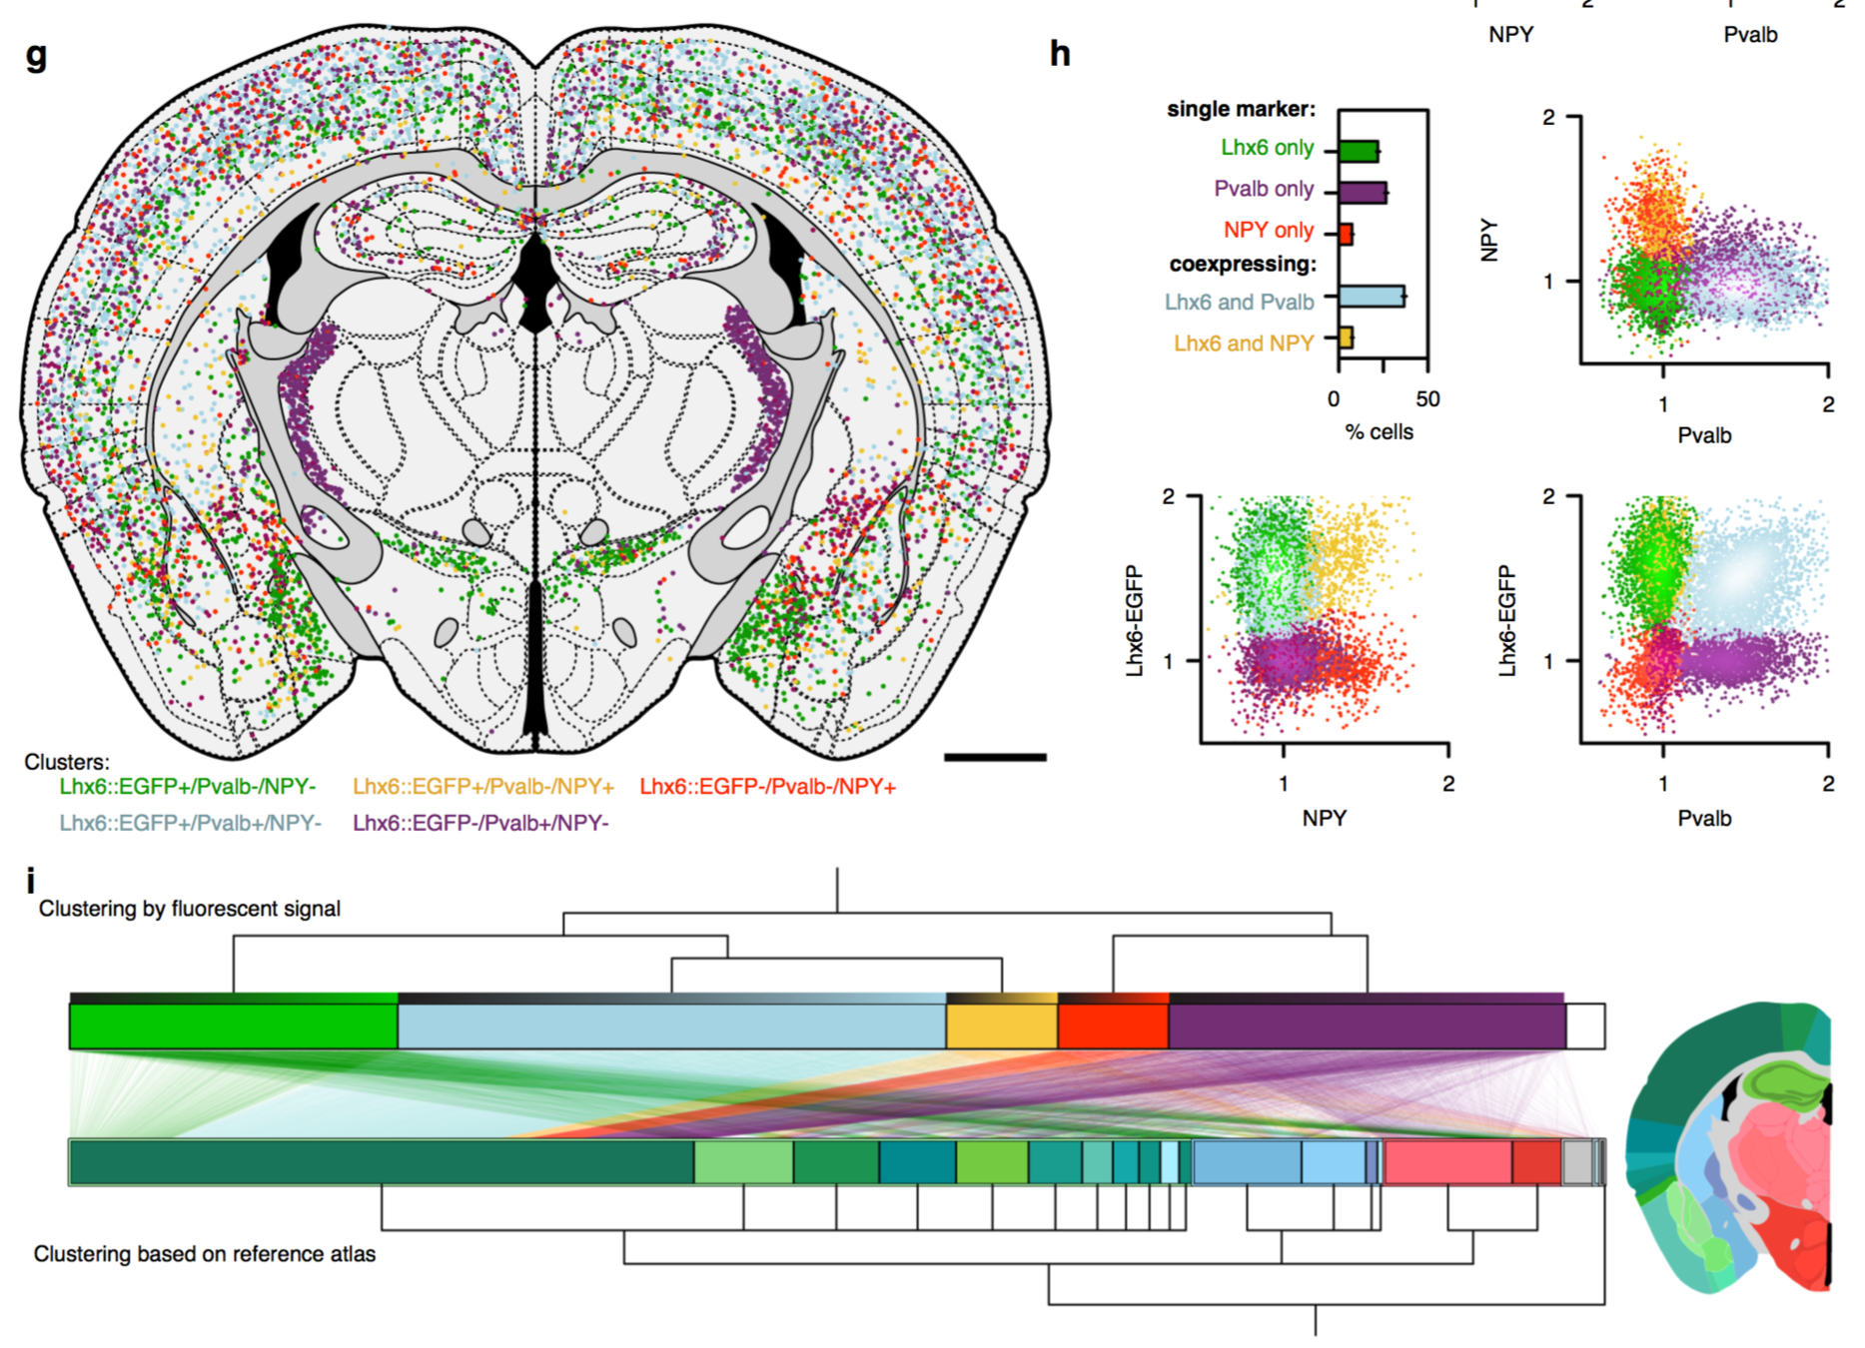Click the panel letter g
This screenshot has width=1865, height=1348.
coord(36,56)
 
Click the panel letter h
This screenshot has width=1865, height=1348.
coord(1060,53)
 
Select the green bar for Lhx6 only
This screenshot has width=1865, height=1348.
coord(1358,152)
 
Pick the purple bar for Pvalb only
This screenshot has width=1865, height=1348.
coord(1362,193)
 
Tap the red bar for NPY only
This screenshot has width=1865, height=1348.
coord(1346,234)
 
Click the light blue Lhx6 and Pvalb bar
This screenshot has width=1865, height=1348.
coord(1371,297)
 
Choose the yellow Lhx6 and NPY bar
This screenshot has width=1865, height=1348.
coord(1346,338)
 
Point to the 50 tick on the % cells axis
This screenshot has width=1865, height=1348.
coord(1427,399)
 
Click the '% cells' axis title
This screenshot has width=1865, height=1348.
coord(1379,432)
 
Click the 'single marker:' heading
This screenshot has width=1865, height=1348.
coord(1241,109)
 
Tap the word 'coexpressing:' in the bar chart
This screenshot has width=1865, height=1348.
coord(1243,265)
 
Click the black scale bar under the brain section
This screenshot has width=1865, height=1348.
coord(994,757)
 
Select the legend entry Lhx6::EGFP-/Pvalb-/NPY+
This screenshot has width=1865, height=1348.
coord(767,787)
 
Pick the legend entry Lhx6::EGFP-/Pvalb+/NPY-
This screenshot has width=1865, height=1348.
coord(480,823)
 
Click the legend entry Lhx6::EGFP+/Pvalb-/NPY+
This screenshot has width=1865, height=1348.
coord(483,787)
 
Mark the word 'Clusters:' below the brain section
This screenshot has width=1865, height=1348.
coord(67,762)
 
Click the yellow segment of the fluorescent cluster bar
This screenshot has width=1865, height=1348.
coord(1001,1026)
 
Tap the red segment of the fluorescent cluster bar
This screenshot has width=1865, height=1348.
coord(1113,1026)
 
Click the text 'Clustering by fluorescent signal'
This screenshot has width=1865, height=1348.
coord(190,909)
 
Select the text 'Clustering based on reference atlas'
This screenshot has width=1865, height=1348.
coord(205,1254)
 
